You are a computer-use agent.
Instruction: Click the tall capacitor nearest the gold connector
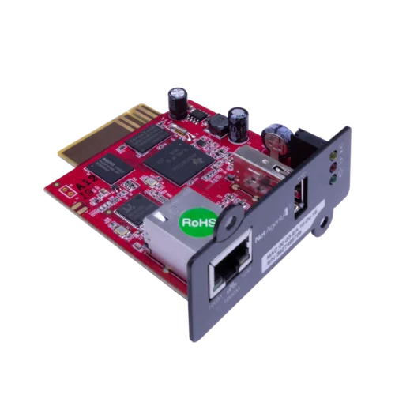(176, 100)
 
